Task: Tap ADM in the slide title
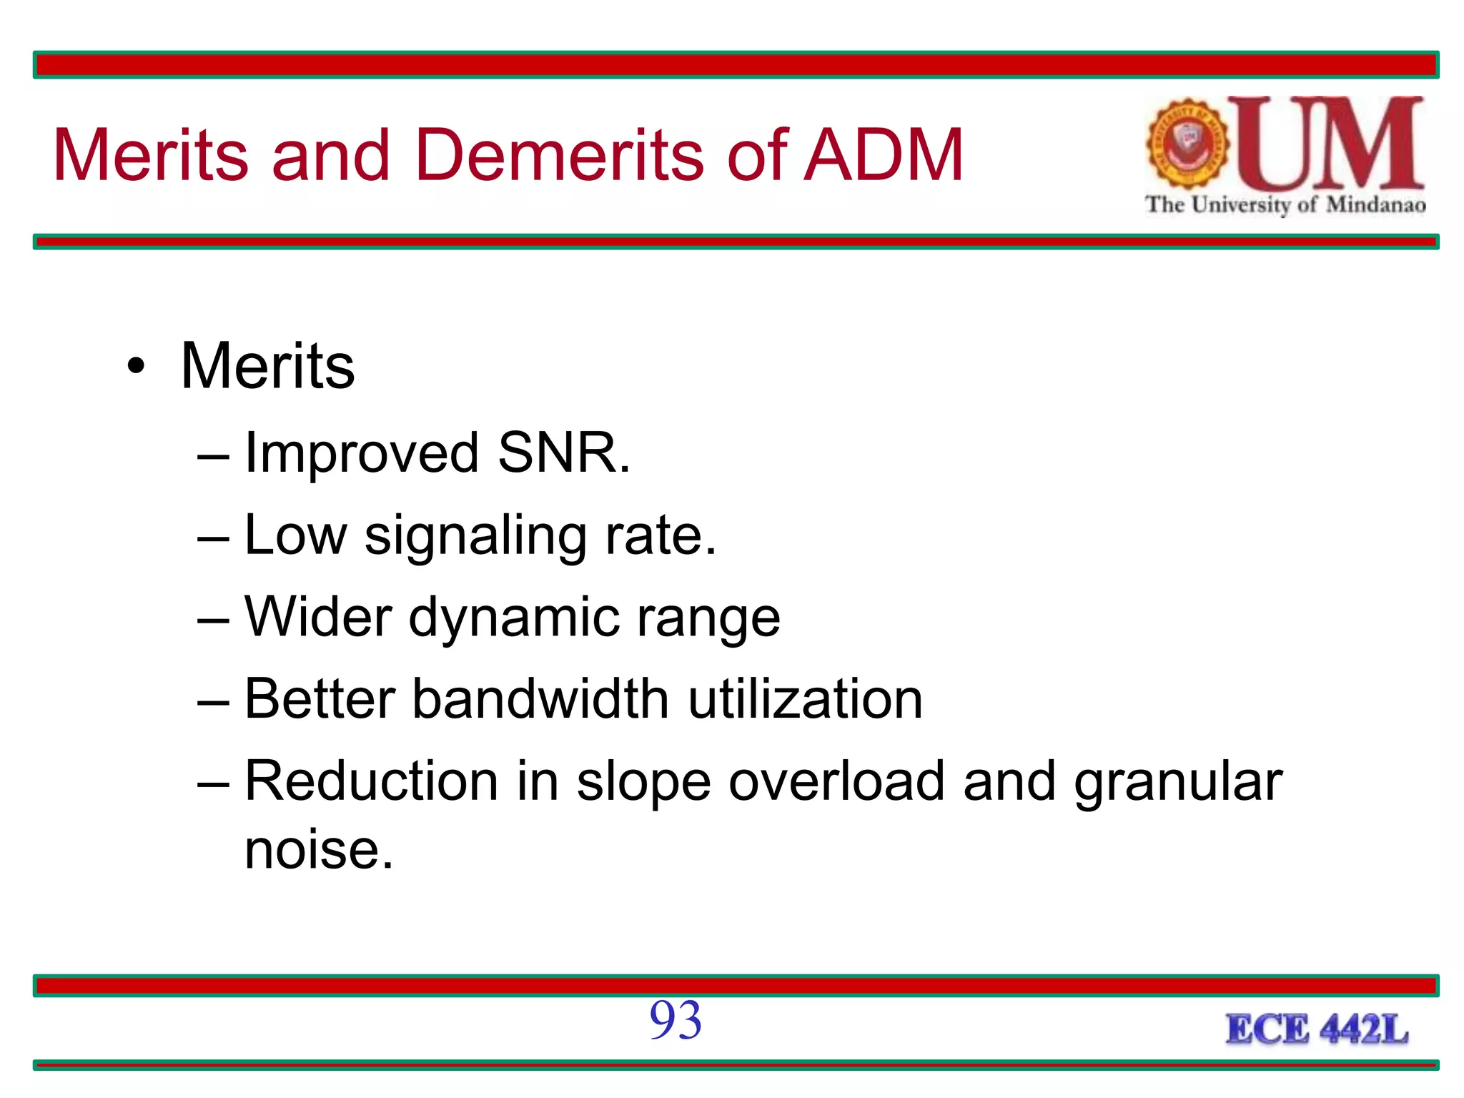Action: click(x=884, y=155)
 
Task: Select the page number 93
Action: click(x=676, y=1021)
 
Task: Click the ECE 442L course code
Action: click(x=1317, y=1030)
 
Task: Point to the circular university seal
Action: click(x=1187, y=144)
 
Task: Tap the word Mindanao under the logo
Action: click(x=1375, y=205)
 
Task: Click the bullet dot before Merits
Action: click(x=136, y=367)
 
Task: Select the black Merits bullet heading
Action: click(x=267, y=366)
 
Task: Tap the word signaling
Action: click(x=475, y=536)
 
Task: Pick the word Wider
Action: click(x=318, y=617)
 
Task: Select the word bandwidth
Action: click(x=540, y=698)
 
